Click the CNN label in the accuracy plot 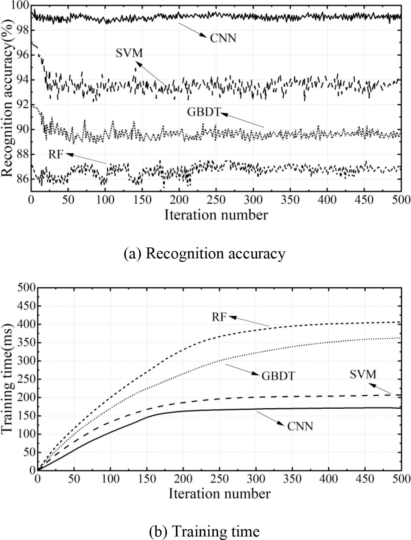point(223,38)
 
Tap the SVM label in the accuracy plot point(129,53)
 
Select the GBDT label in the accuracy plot point(203,112)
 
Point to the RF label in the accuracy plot point(55,154)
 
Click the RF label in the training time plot point(219,317)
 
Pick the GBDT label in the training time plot point(278,376)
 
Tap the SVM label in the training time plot point(363,374)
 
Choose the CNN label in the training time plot point(300,426)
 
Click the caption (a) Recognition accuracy point(204,253)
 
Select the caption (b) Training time point(204,531)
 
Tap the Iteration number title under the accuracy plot point(216,215)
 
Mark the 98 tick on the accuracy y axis point(23,31)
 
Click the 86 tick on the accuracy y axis point(23,179)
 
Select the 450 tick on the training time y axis point(26,306)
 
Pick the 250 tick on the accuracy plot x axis point(216,200)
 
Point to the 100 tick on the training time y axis point(26,434)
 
